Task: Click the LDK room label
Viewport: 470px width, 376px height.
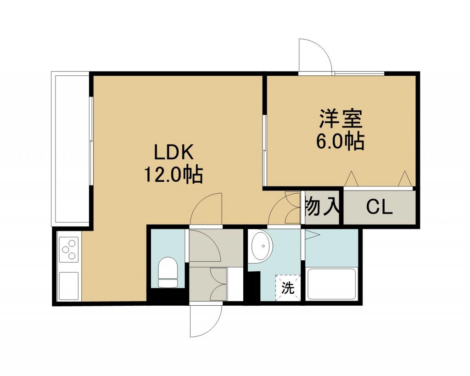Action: click(173, 152)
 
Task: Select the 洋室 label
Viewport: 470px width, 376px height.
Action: click(341, 119)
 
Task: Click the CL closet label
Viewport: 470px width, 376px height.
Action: click(380, 207)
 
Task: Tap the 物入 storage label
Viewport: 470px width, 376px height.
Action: click(322, 207)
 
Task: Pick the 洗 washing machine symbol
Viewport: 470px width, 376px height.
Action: click(288, 287)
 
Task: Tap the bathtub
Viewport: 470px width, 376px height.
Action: click(331, 284)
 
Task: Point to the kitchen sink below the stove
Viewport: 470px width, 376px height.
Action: click(69, 286)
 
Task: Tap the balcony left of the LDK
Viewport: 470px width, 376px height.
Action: click(70, 149)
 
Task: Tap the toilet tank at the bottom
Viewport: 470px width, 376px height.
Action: click(168, 283)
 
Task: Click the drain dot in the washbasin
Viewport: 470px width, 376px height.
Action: click(263, 246)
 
